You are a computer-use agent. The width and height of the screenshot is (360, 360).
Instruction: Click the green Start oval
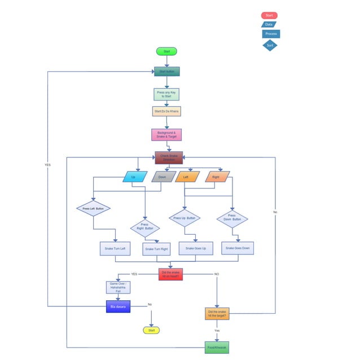(166, 51)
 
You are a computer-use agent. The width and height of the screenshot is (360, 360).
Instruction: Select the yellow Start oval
(151, 330)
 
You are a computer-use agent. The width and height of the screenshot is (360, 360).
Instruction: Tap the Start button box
(166, 72)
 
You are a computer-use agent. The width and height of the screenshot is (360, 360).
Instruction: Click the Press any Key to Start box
(166, 94)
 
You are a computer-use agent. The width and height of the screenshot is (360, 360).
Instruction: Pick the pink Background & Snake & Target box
(166, 134)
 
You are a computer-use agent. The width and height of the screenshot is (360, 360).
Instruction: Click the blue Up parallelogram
(134, 177)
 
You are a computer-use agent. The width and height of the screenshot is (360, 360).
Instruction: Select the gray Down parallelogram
(163, 177)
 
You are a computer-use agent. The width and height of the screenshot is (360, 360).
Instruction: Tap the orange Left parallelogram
(187, 177)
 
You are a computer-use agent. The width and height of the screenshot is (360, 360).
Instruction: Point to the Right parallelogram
(217, 177)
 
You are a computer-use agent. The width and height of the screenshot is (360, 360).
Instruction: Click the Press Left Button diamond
(93, 208)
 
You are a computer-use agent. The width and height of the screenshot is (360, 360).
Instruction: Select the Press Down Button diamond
(232, 218)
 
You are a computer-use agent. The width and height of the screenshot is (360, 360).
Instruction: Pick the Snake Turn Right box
(156, 249)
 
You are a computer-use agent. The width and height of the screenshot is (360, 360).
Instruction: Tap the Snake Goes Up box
(195, 248)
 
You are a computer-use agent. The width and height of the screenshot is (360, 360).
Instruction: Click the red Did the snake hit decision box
(170, 274)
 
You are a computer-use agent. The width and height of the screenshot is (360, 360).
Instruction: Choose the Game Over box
(118, 287)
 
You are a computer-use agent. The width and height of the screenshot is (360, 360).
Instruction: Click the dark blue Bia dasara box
(118, 306)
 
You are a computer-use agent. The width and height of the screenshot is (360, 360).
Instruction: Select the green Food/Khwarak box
(216, 347)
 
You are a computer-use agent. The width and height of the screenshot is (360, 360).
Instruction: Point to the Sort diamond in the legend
(270, 45)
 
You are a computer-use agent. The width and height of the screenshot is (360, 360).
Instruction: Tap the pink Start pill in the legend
(269, 15)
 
